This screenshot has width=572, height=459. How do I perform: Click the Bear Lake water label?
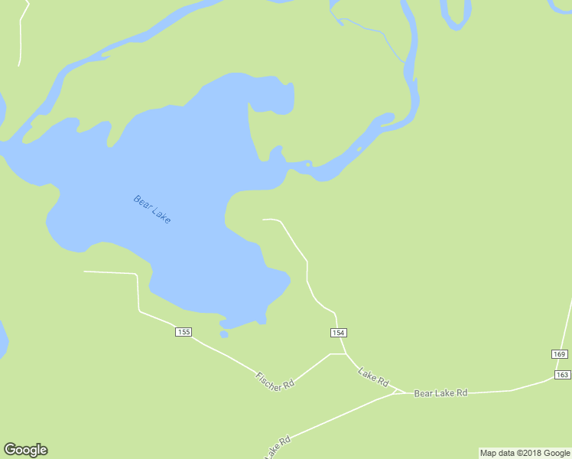coord(152,210)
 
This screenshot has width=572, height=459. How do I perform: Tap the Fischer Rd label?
coord(275,380)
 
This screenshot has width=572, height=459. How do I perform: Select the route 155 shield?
coord(184,331)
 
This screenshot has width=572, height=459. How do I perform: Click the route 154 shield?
coord(339,332)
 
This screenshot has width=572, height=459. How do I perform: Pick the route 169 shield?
coord(559,353)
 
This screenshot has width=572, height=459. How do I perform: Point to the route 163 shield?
coord(563,374)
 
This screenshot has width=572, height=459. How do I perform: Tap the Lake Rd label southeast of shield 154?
coord(374,376)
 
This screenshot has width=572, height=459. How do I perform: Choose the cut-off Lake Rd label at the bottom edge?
coord(278,448)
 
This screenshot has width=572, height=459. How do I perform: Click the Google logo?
coord(25,450)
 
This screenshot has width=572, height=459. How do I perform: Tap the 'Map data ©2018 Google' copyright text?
coord(525,453)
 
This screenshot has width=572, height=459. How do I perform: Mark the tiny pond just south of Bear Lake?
coord(224,334)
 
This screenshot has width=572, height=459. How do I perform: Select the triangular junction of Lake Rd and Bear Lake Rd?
coord(398,392)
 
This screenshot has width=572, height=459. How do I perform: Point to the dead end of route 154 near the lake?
coord(264,220)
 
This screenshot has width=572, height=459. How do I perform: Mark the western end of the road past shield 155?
coord(85,272)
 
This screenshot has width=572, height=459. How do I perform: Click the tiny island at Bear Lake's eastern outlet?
coord(308,163)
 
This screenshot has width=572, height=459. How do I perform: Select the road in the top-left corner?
coord(21,34)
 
